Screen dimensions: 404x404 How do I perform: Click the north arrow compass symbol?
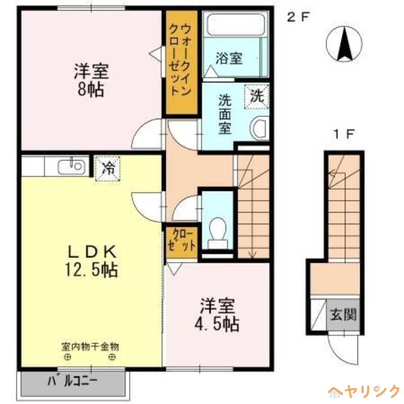point(346,43)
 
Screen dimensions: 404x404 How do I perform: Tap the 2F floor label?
point(297,17)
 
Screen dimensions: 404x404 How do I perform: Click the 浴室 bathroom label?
point(228,59)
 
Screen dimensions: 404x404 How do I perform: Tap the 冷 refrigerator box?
point(107,168)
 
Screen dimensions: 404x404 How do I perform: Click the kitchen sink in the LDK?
point(70,166)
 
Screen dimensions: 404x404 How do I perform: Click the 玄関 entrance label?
point(343,316)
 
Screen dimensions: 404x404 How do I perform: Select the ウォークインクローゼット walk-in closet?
point(180,61)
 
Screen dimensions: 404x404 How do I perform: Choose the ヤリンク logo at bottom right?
point(364,391)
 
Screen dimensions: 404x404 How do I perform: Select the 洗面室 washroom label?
point(224,114)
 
